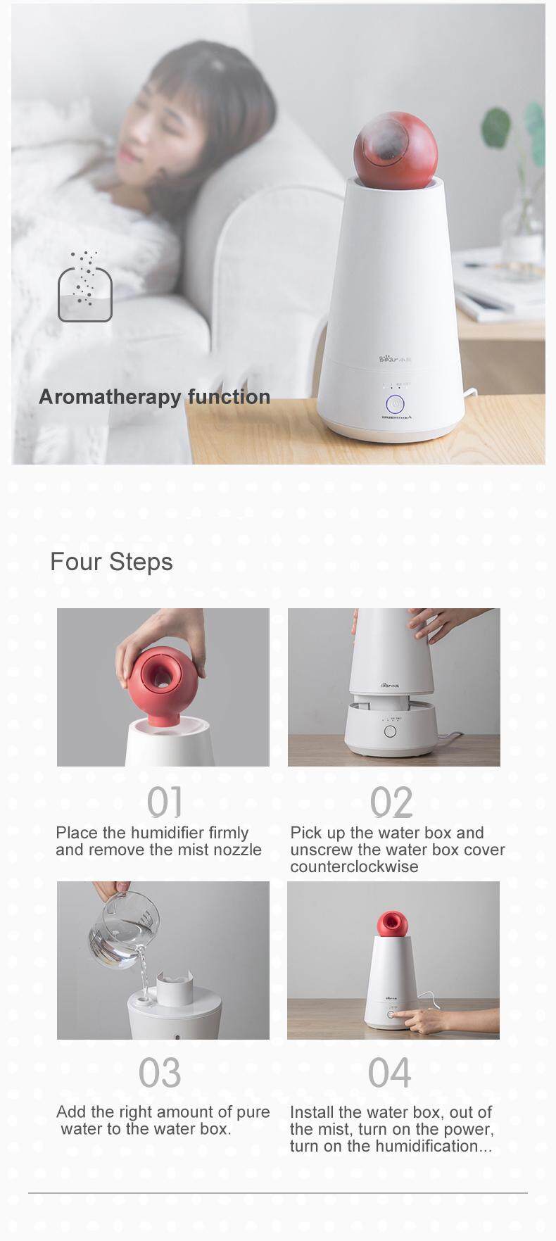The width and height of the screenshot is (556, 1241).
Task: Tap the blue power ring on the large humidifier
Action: coord(395,405)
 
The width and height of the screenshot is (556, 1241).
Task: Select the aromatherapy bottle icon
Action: coord(84,286)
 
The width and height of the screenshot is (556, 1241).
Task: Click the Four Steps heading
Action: coord(111,562)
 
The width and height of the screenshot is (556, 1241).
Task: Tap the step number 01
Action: coord(164,802)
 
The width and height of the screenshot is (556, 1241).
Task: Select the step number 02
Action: coord(391,802)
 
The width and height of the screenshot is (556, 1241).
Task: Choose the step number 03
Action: coord(160,1073)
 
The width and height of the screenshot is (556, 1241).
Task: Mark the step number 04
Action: coord(389,1073)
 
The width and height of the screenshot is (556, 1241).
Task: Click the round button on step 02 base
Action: coord(390,731)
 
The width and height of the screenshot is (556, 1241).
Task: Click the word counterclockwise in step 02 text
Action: coord(354,867)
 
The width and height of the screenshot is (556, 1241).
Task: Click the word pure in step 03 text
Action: coord(253,1113)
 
